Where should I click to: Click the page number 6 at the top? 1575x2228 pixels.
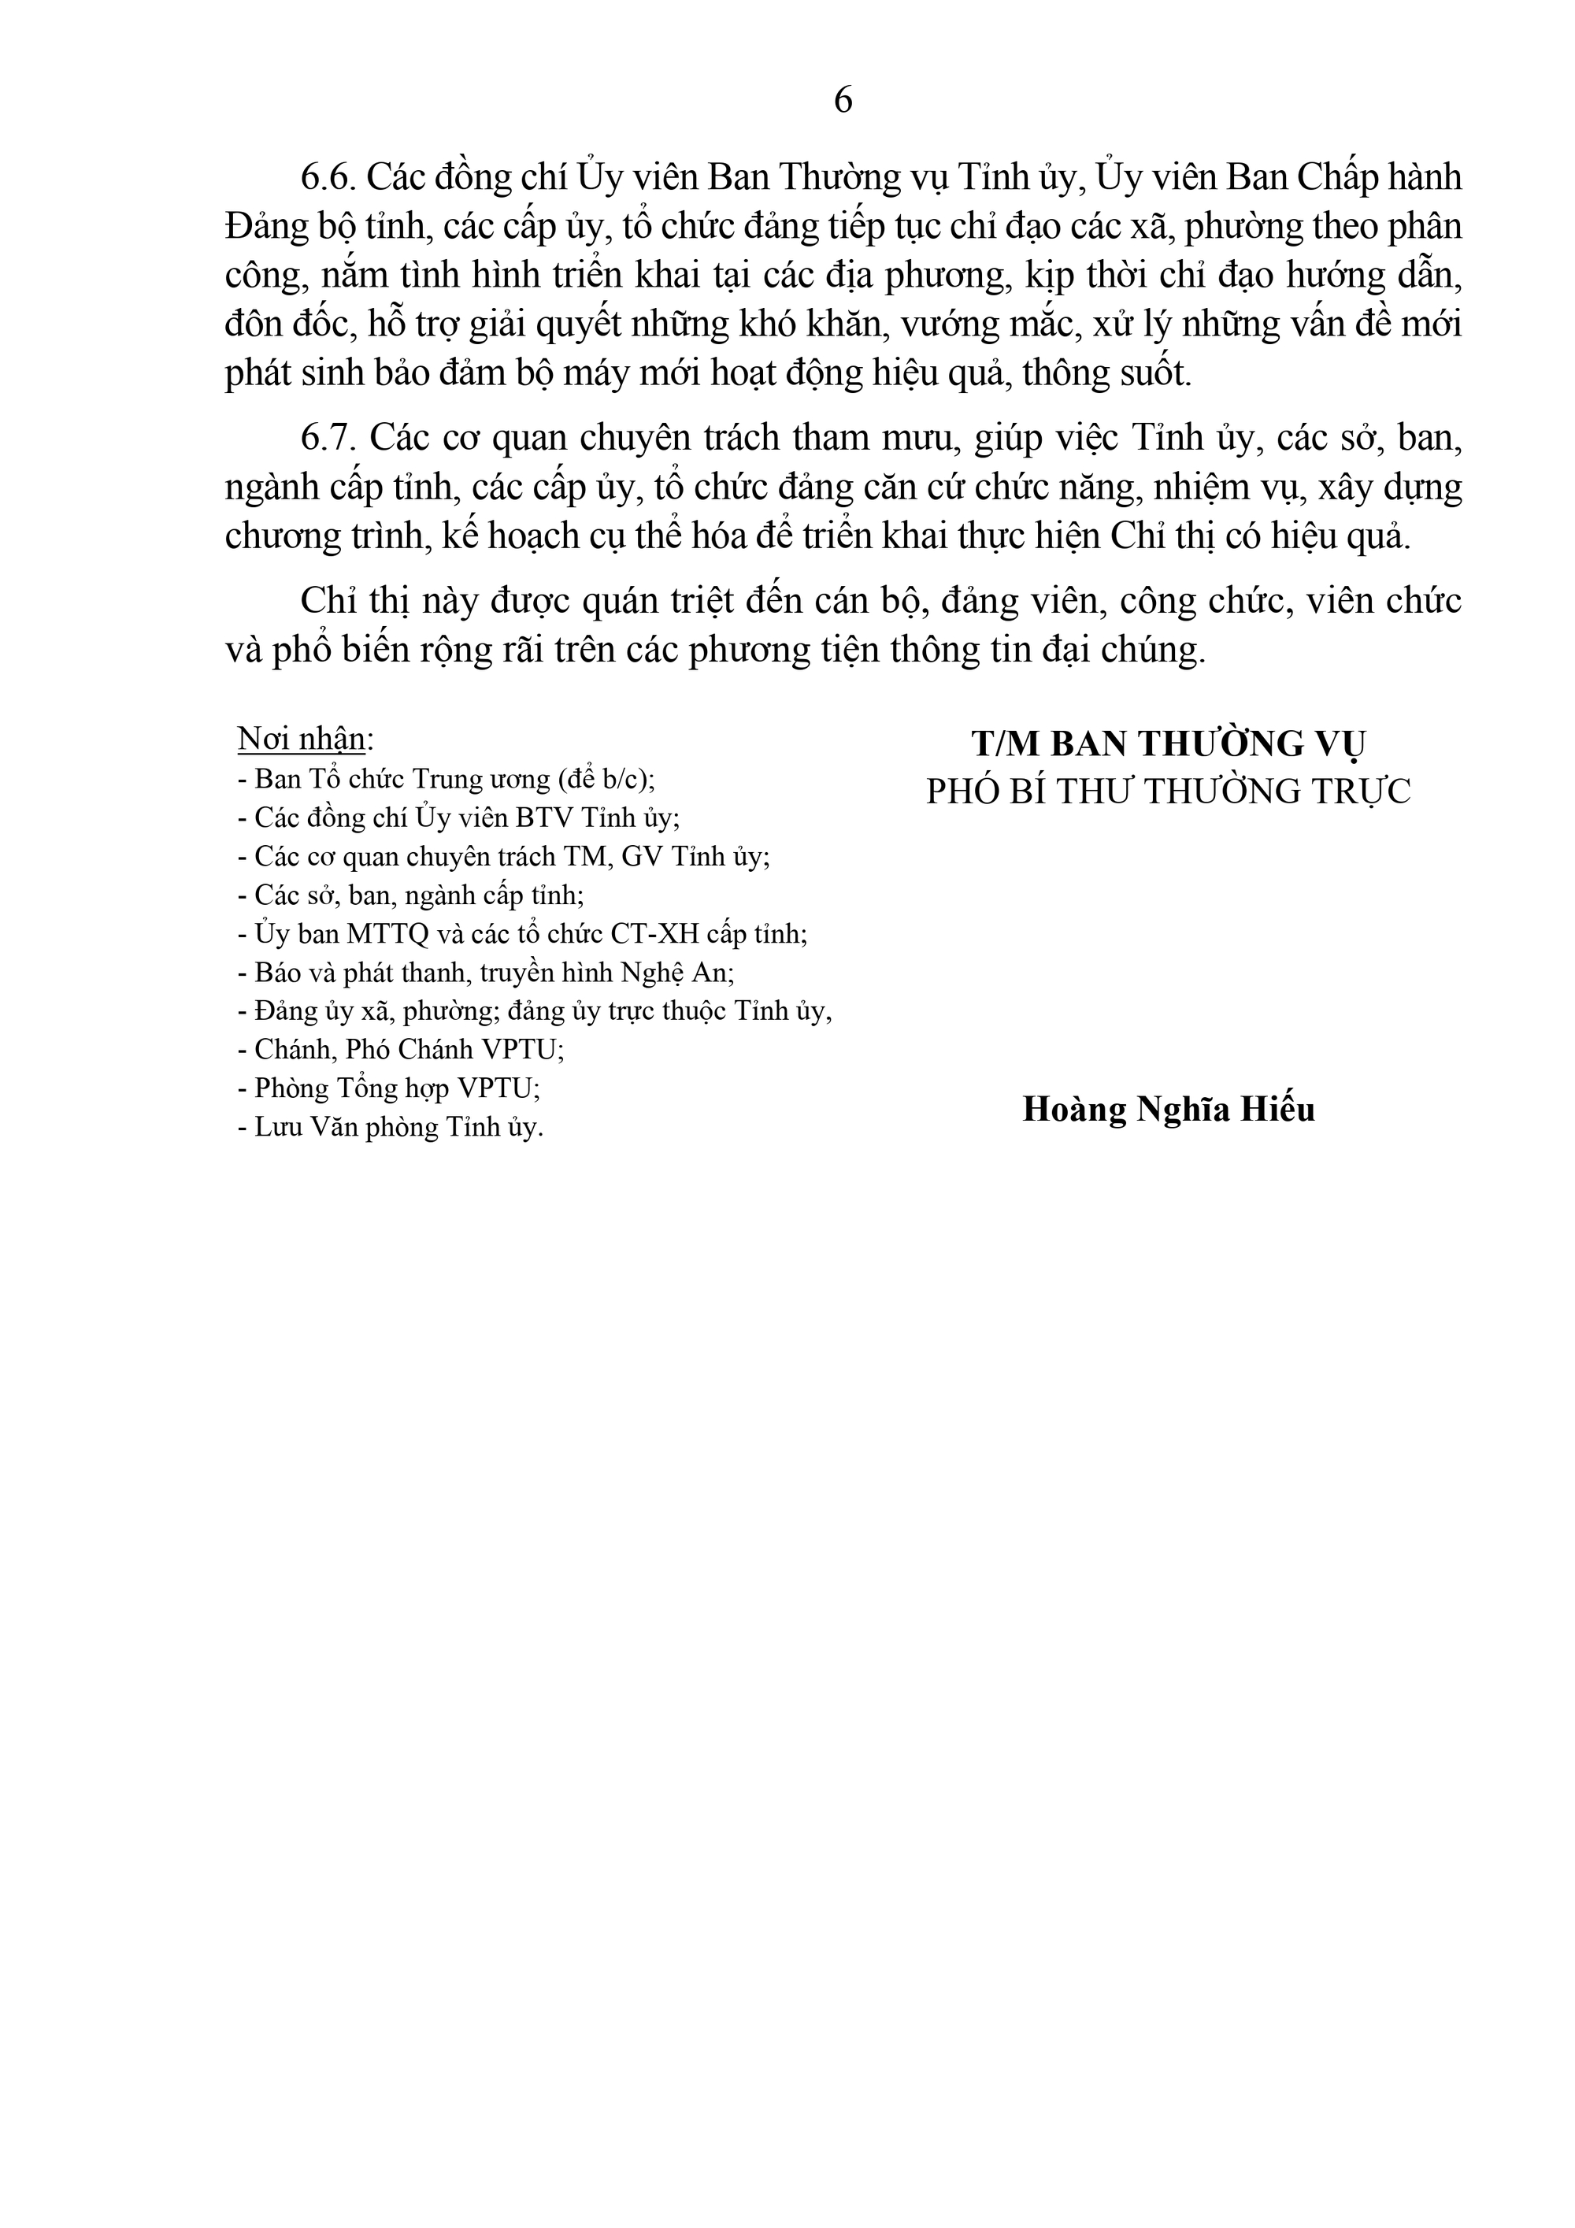point(843,100)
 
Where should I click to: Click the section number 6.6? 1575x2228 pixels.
point(331,179)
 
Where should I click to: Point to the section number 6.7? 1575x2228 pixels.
point(331,439)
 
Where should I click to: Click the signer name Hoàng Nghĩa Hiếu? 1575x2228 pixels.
point(1169,1109)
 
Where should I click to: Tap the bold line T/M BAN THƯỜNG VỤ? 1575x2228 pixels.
point(1169,744)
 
